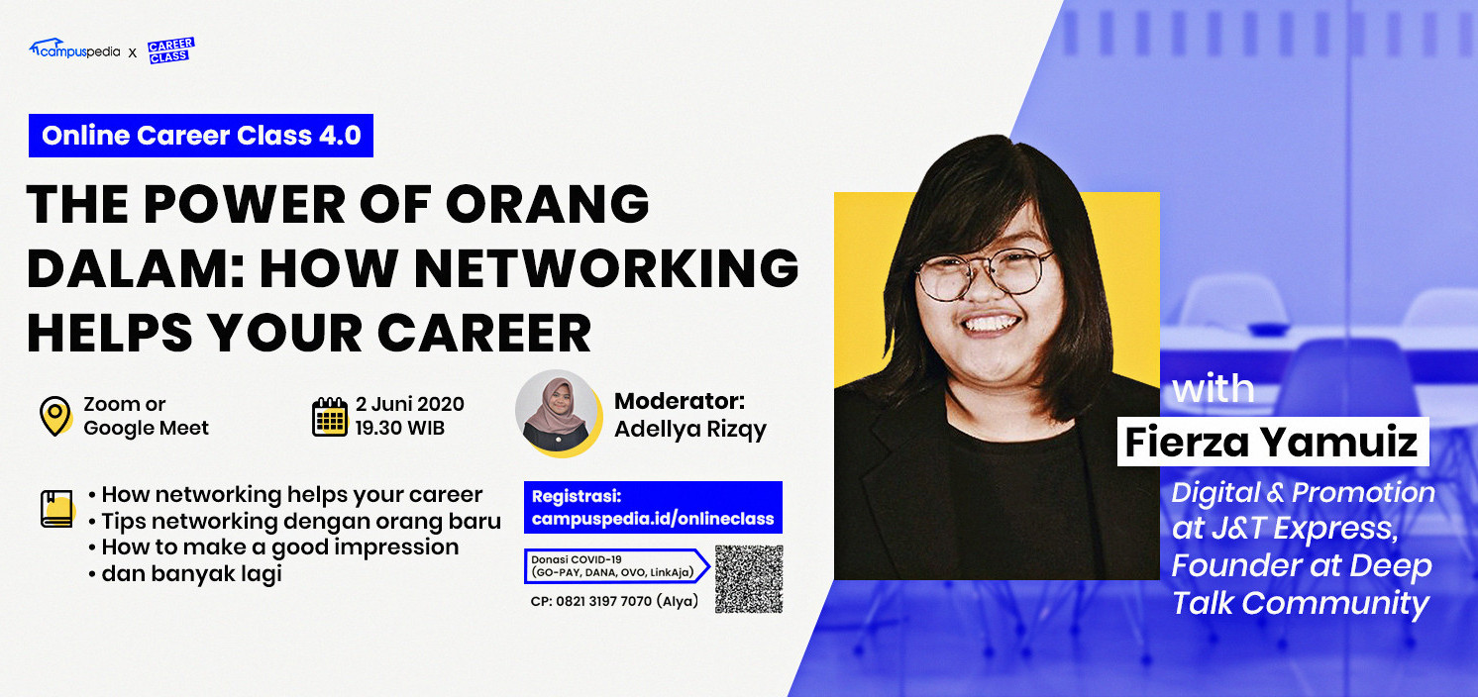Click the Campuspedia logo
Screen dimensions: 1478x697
(x=74, y=49)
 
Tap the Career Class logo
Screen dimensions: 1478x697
(x=171, y=50)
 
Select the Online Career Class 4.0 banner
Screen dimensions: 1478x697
(x=200, y=136)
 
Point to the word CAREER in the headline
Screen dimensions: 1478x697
(x=484, y=333)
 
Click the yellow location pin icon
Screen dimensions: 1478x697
(x=55, y=416)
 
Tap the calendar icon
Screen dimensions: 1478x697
(x=329, y=417)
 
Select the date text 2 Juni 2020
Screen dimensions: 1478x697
(x=410, y=404)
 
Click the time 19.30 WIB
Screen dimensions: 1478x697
(x=400, y=428)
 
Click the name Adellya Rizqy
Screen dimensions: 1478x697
(x=690, y=430)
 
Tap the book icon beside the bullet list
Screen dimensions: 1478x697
(x=57, y=509)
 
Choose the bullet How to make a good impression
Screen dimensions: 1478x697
(x=273, y=548)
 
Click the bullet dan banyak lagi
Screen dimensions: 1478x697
(x=185, y=573)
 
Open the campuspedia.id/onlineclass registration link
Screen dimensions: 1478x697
(x=653, y=519)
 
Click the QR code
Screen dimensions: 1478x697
(x=749, y=579)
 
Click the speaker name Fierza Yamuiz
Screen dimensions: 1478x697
(x=1272, y=442)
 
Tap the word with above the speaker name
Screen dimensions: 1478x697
(x=1213, y=388)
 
